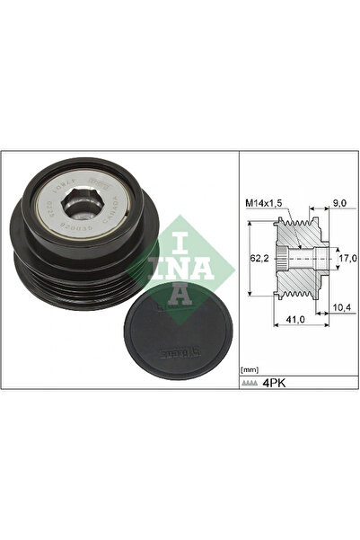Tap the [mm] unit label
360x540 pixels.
[x=251, y=369]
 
